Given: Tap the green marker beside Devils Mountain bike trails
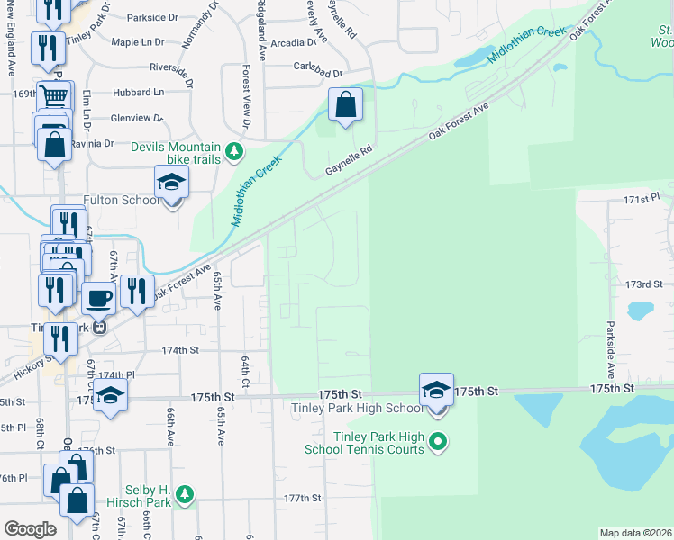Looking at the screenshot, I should pyautogui.click(x=234, y=151).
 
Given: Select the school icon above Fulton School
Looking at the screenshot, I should pyautogui.click(x=171, y=183).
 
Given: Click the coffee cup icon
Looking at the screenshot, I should pyautogui.click(x=99, y=297).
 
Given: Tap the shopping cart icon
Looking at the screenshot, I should pyautogui.click(x=55, y=94).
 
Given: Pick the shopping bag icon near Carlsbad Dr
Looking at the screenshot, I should pyautogui.click(x=345, y=104).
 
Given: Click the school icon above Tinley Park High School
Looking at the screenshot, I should pyautogui.click(x=436, y=390).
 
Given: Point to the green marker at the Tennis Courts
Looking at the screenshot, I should pyautogui.click(x=438, y=441).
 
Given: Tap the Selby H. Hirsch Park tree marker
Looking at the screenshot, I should pyautogui.click(x=185, y=493).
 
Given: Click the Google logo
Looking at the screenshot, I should pyautogui.click(x=30, y=529).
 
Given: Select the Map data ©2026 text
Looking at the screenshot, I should pyautogui.click(x=635, y=533).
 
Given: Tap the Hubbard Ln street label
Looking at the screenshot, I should pyautogui.click(x=138, y=92).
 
